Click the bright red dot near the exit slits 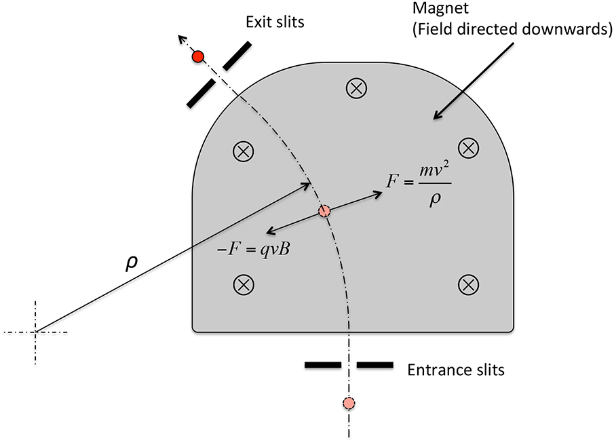(198, 57)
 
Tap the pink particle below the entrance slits (349, 404)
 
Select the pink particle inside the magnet (324, 211)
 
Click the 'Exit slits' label (274, 22)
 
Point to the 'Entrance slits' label (455, 370)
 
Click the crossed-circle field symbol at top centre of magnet (356, 87)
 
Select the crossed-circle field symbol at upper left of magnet (244, 152)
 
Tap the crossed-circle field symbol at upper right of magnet (468, 147)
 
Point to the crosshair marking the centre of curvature (36, 332)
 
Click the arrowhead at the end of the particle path (182, 39)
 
